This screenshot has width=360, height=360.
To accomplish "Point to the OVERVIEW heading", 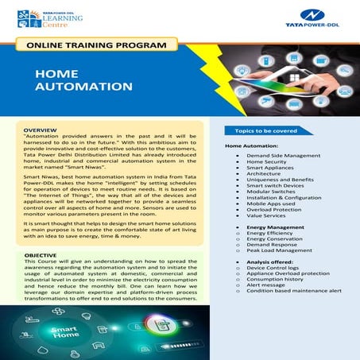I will click(x=41, y=129).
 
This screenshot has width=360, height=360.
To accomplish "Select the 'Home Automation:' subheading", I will click(x=253, y=147).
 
